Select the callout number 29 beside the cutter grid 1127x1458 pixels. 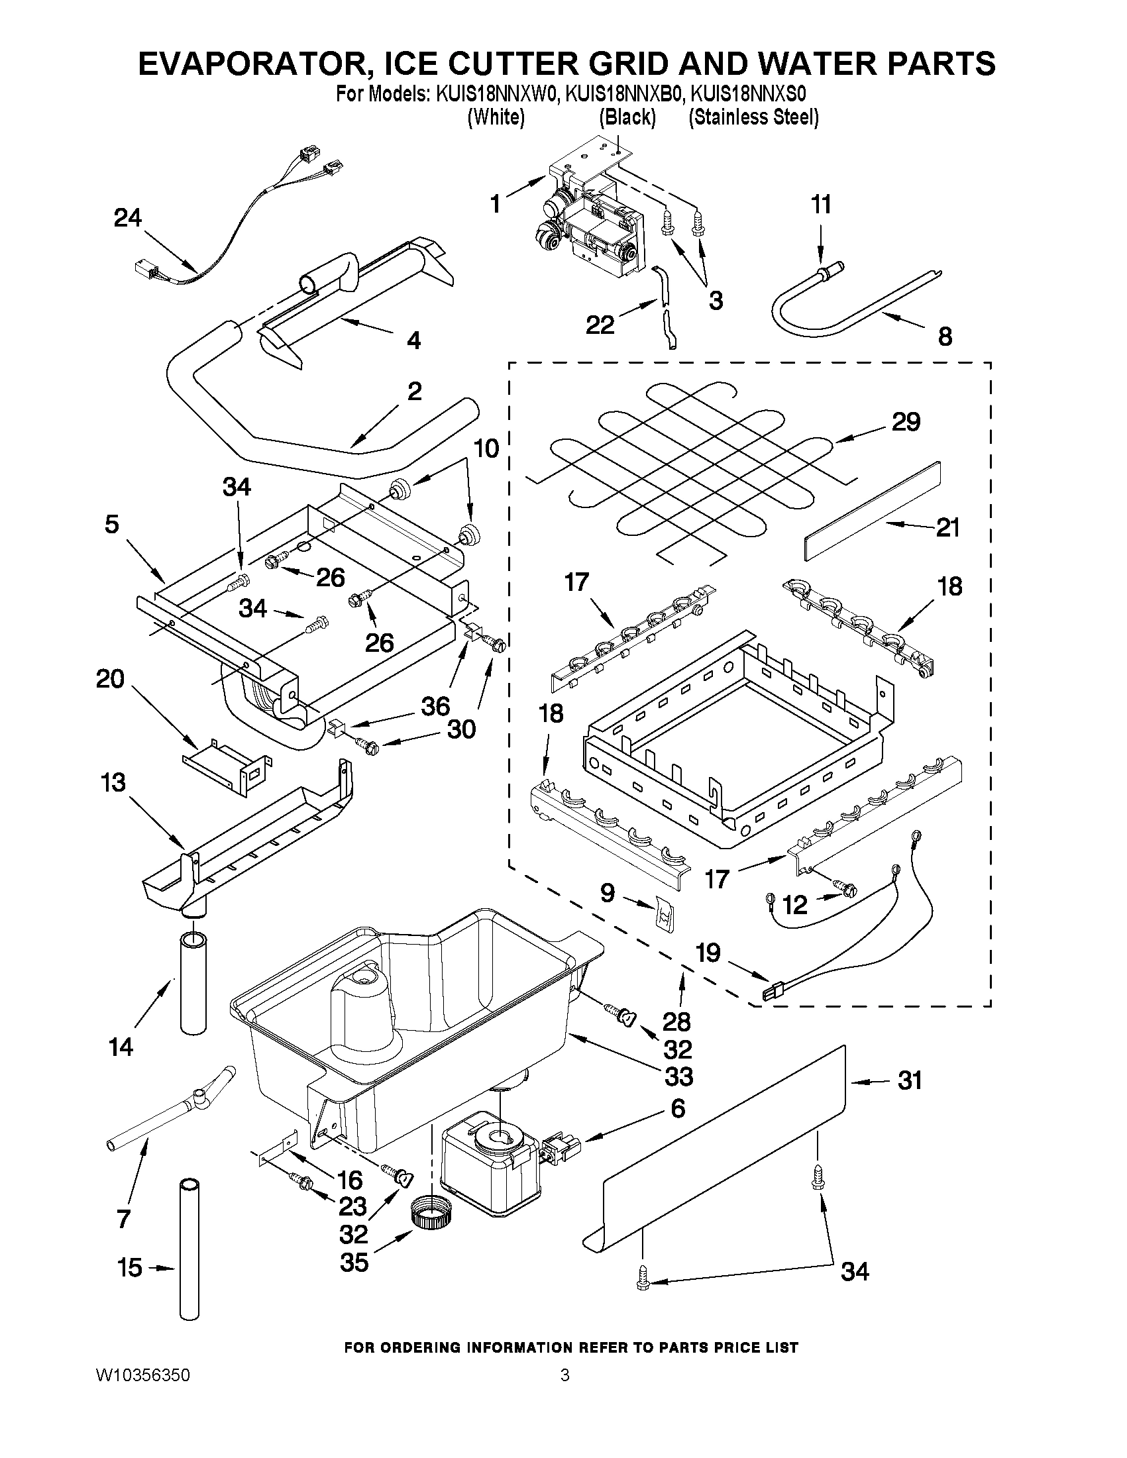(x=906, y=421)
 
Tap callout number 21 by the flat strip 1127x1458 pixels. (x=947, y=527)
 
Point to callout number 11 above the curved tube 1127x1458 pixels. (x=821, y=204)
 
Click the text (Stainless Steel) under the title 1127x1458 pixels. (x=753, y=117)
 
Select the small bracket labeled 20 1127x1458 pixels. (x=227, y=762)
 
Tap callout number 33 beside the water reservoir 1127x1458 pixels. (x=678, y=1076)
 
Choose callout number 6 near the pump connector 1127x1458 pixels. (x=677, y=1109)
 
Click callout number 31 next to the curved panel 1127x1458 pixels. (x=909, y=1080)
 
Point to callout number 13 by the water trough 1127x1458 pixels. (x=113, y=782)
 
